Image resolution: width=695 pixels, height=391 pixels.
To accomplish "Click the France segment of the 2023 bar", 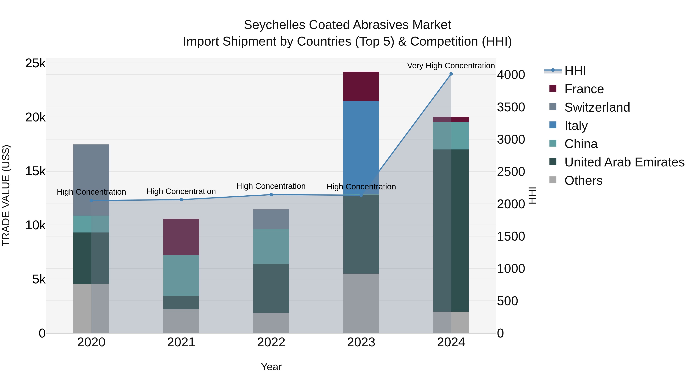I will (361, 86).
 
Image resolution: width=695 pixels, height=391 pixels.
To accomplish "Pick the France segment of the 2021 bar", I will (181, 237).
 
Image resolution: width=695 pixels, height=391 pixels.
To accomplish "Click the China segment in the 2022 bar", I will (271, 246).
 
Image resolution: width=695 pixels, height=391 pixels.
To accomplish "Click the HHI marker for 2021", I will (181, 200).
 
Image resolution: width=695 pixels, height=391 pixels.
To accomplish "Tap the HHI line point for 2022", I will (271, 195).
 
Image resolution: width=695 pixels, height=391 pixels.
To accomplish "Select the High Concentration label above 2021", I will (181, 191).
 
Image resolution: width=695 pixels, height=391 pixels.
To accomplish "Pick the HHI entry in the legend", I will (575, 71).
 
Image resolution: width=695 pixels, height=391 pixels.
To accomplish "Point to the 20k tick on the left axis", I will (35, 117).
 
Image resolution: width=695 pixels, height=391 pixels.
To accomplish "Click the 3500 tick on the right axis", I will (511, 107).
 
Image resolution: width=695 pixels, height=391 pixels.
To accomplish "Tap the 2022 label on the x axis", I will (271, 342).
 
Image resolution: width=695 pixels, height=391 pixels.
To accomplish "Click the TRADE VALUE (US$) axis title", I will (6, 195).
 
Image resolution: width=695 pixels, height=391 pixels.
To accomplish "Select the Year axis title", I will (271, 367).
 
